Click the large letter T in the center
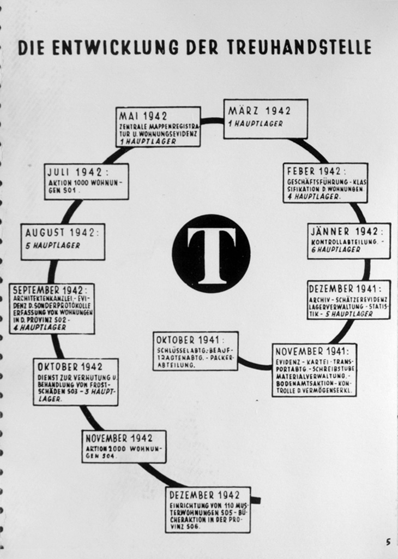click(211, 254)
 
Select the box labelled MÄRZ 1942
click(266, 118)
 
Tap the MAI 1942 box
click(158, 127)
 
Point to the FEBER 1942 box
click(325, 182)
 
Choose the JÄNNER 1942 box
click(349, 241)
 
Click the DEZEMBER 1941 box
click(348, 300)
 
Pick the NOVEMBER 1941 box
click(314, 370)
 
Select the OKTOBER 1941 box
click(195, 351)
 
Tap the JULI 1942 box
click(87, 181)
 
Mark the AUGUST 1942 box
click(63, 241)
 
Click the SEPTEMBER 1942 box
click(52, 308)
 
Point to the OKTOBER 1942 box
click(75, 382)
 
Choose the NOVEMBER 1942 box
click(124, 446)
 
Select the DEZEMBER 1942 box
click(208, 509)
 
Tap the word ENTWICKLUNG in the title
click(114, 47)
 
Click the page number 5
click(388, 542)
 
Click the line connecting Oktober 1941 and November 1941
click(255, 364)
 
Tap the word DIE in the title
click(30, 47)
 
